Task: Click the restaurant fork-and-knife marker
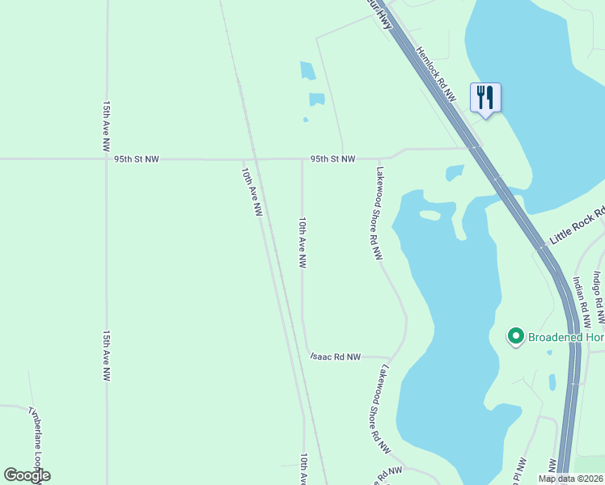485,98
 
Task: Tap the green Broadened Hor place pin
514,335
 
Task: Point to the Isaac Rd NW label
336,356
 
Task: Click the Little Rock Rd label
577,227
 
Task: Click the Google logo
27,474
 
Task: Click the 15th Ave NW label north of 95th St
106,127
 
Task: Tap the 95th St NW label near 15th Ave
136,159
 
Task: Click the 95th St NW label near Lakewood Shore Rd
332,159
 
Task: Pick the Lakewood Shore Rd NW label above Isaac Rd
378,213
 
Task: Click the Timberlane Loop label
36,444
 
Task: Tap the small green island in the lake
430,215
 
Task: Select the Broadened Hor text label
565,335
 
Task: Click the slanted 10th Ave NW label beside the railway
252,192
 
